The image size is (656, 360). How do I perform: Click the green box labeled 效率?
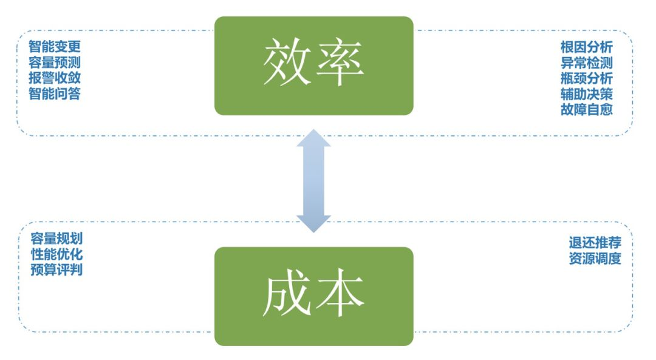tap(313, 66)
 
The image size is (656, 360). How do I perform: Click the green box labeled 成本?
tap(313, 296)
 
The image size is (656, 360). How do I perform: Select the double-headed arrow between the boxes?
tap(313, 180)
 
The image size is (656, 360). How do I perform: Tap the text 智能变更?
tap(55, 47)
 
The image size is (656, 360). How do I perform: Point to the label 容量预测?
tap(55, 63)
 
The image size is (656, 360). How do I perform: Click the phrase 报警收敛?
tap(55, 78)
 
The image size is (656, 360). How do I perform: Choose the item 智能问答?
tap(55, 94)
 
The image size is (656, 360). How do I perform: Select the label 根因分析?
tap(587, 47)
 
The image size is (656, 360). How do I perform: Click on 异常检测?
tap(587, 63)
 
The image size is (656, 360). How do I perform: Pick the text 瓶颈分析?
tap(587, 78)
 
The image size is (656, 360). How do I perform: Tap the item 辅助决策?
tap(587, 94)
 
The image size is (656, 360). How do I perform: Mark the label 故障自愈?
tap(587, 110)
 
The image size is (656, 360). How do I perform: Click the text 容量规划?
tap(56, 239)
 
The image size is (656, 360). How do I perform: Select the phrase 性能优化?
tap(56, 254)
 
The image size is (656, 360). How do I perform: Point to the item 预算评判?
tap(56, 270)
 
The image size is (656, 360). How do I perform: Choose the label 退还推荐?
tap(595, 243)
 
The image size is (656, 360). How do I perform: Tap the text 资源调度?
tap(595, 259)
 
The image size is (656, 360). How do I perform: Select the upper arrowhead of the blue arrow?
tap(313, 139)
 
